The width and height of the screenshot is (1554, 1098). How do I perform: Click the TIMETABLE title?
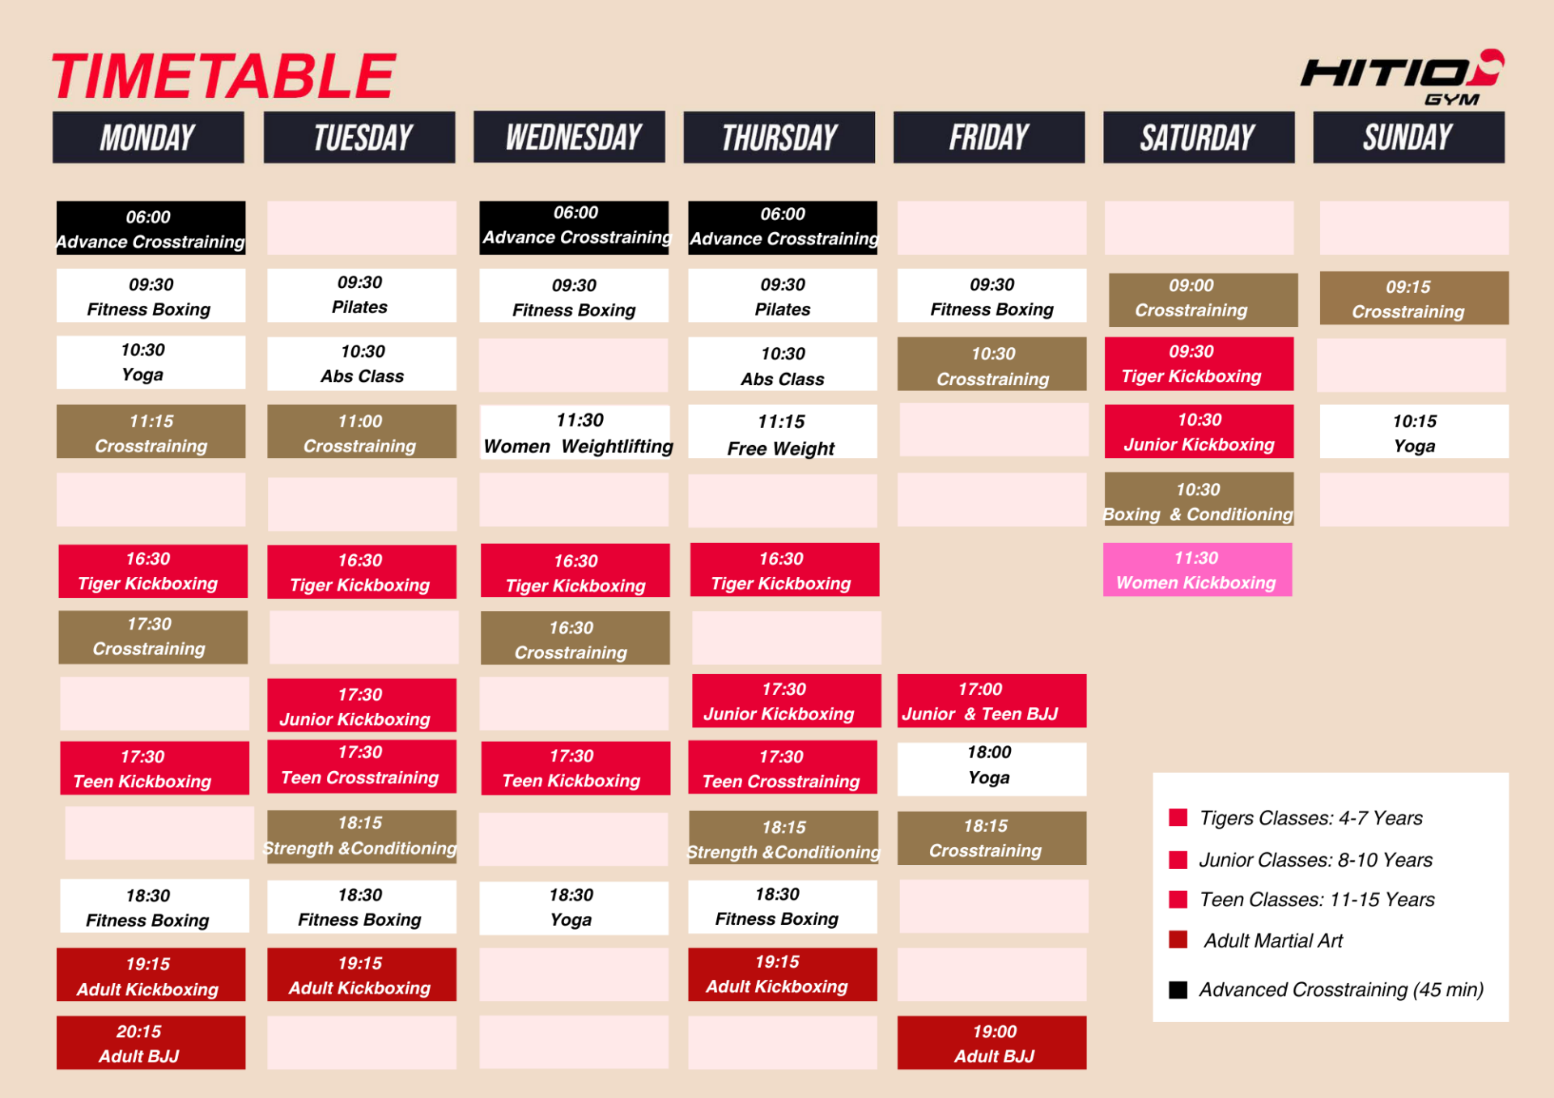(x=223, y=76)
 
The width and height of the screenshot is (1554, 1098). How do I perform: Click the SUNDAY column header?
(x=1408, y=137)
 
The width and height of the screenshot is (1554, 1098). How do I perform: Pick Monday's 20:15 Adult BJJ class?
(x=151, y=1042)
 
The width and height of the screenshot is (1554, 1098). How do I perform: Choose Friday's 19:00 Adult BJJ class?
(x=991, y=1042)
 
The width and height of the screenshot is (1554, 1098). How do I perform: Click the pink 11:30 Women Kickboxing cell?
(x=1197, y=570)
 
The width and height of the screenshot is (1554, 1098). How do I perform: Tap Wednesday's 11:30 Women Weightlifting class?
(x=575, y=432)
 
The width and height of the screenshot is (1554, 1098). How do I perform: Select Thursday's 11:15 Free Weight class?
(x=783, y=432)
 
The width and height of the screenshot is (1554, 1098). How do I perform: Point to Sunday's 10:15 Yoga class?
(x=1414, y=432)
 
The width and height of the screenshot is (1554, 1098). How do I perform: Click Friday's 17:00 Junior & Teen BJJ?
(x=991, y=701)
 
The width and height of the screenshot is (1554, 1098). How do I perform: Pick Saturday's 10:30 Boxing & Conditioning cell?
(x=1199, y=500)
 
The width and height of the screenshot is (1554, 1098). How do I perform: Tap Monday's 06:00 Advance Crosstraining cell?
(x=151, y=228)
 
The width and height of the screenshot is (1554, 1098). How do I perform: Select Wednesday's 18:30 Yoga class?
(x=574, y=907)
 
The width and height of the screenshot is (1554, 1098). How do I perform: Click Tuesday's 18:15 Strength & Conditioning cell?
(x=362, y=836)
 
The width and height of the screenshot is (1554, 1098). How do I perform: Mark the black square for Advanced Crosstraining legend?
(x=1178, y=990)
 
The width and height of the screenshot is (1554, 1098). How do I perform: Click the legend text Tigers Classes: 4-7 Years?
(x=1311, y=818)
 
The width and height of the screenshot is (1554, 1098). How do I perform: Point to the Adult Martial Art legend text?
(x=1273, y=940)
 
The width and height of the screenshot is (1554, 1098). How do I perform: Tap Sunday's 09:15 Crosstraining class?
(x=1414, y=299)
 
